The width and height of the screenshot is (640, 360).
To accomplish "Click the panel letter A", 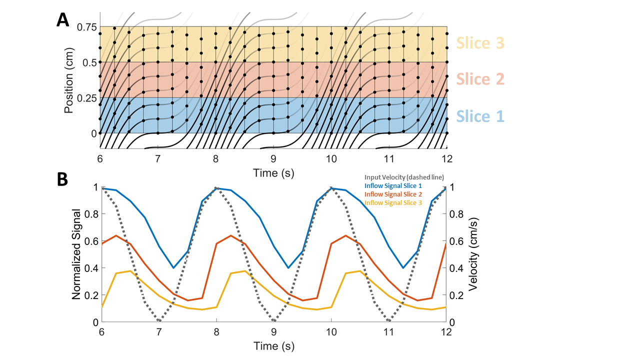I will (x=62, y=19).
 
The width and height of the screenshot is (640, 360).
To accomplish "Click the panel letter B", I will (x=62, y=179).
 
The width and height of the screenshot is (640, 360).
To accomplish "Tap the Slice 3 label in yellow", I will (x=480, y=43).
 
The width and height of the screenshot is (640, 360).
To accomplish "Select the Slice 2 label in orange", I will (x=480, y=79).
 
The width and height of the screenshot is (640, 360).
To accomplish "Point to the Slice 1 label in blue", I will (x=480, y=116).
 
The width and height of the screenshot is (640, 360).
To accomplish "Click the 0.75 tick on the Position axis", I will (x=86, y=27).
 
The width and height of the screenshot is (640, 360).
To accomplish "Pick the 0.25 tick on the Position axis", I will (x=86, y=98).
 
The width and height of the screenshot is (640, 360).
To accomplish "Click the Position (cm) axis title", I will (x=69, y=80).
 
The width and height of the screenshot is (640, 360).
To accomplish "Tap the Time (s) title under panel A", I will (x=273, y=172).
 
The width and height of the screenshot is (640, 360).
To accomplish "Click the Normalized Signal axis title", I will (x=76, y=255).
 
